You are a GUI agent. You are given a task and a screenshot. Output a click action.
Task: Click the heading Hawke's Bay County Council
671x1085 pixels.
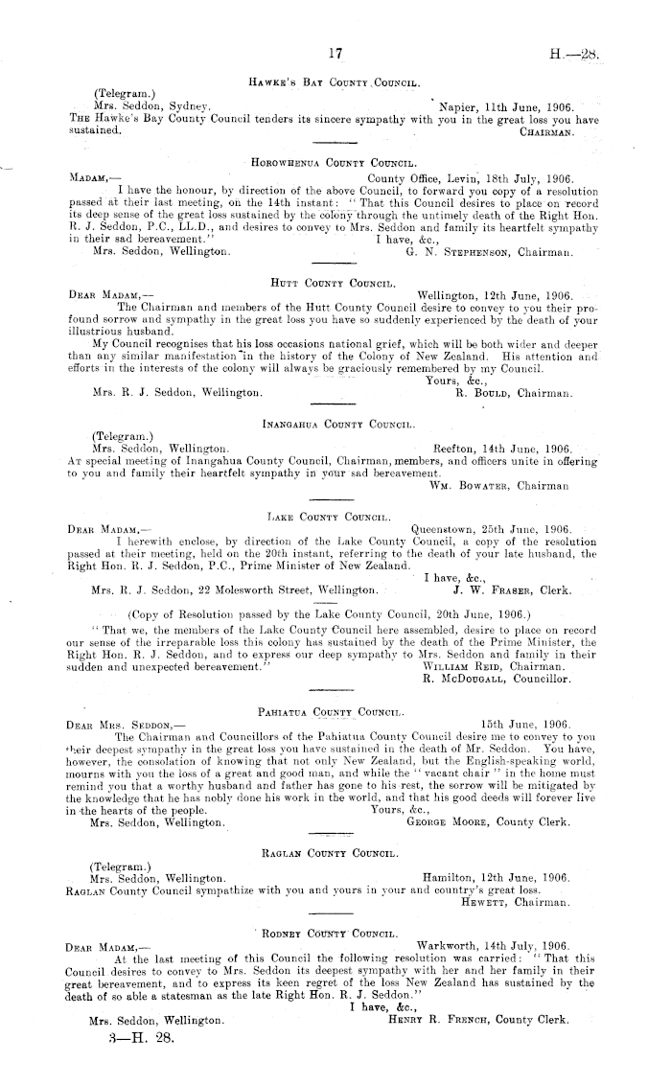point(335,85)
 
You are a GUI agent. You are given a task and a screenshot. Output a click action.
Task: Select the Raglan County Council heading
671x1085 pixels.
point(334,850)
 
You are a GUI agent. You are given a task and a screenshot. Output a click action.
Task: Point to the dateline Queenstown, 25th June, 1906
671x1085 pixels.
point(491,528)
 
